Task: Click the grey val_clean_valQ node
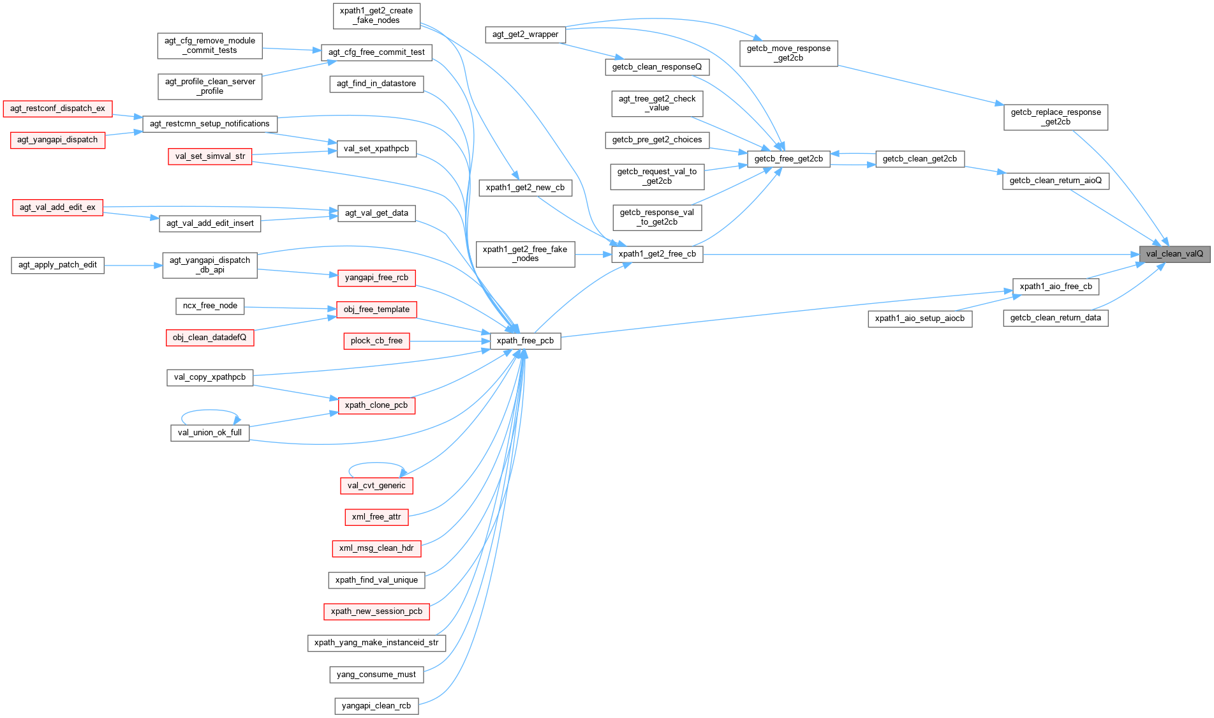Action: pos(1174,254)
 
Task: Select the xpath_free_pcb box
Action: pos(525,341)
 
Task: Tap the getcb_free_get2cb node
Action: pos(788,159)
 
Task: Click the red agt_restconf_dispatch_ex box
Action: pos(57,108)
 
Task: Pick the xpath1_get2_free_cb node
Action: pos(657,254)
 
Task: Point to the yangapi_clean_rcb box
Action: pos(376,706)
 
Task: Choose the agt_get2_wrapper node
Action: pos(525,34)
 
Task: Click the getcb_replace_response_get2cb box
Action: pos(1056,117)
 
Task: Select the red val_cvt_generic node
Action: pos(376,486)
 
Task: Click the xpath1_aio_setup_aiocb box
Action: pos(920,318)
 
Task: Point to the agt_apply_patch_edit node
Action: pos(57,265)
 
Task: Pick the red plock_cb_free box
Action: pos(376,341)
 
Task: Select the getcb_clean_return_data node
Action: pos(1056,318)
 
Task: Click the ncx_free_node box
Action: pos(210,306)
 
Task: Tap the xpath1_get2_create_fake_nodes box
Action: pos(376,15)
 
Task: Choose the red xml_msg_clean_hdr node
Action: pos(376,548)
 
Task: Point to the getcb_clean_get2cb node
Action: pos(919,159)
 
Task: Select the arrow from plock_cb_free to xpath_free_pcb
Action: pos(449,341)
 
